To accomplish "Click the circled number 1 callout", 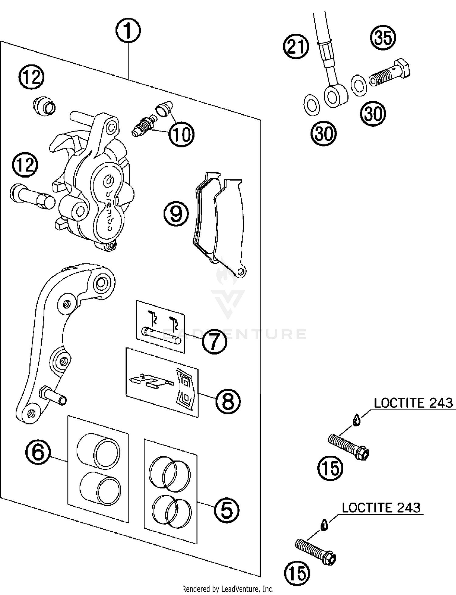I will pos(128,31).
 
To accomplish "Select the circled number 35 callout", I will pos(383,38).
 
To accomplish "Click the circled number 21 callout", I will pos(296,47).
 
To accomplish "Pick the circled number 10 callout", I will pos(181,134).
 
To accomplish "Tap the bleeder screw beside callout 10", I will pos(144,126).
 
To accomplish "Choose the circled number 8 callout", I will pos(228,401).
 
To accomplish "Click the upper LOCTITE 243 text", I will pos(413,403).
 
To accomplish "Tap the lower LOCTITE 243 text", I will pos(381,508).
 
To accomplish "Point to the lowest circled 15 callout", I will pos(297,573).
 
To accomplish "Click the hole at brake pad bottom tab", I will pos(241,271).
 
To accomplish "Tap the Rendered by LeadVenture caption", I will pos(228,589).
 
